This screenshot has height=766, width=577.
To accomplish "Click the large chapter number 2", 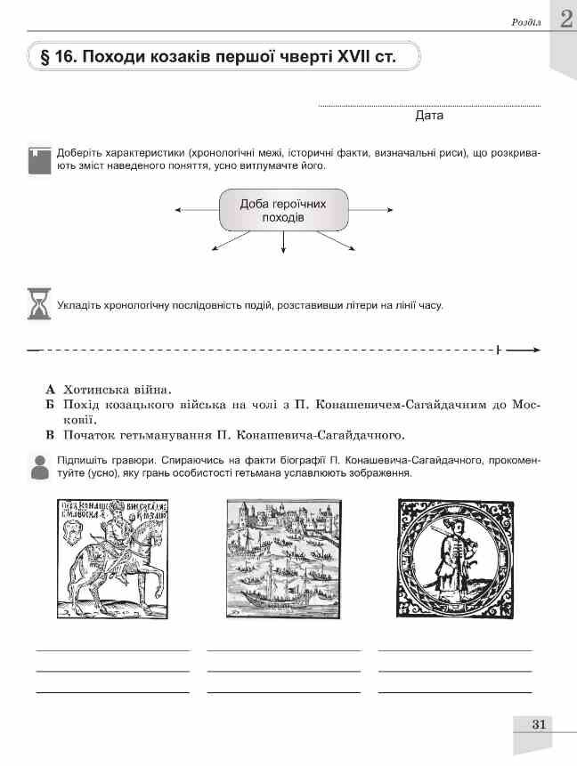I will coord(563,20).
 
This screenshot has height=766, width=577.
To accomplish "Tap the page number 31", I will coord(537,724).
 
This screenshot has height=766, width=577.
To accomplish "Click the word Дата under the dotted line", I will coord(429,116).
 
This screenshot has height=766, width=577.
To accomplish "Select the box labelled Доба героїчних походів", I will coord(283,211).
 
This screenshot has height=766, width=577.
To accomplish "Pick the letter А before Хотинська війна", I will coord(51,390).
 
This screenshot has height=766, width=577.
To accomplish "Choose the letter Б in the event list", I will coord(51,405).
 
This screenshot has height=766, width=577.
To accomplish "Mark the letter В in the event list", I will coord(51,436).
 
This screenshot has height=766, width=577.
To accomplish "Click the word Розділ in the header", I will coord(522,21).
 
